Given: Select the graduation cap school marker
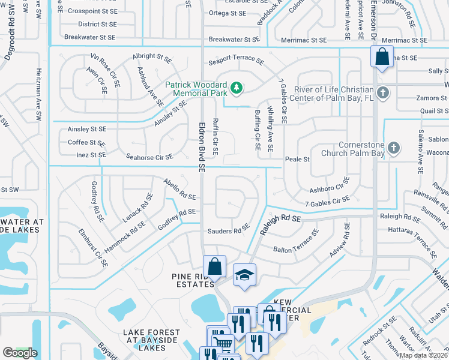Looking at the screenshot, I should pyautogui.click(x=244, y=275).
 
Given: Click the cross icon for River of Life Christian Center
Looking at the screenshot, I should pyautogui.click(x=384, y=93).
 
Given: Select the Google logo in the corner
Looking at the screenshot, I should pyautogui.click(x=20, y=353).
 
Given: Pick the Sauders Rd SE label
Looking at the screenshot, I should pyautogui.click(x=228, y=230).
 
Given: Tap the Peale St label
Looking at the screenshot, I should pyautogui.click(x=297, y=160).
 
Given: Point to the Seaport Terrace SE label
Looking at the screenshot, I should pyautogui.click(x=236, y=61).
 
